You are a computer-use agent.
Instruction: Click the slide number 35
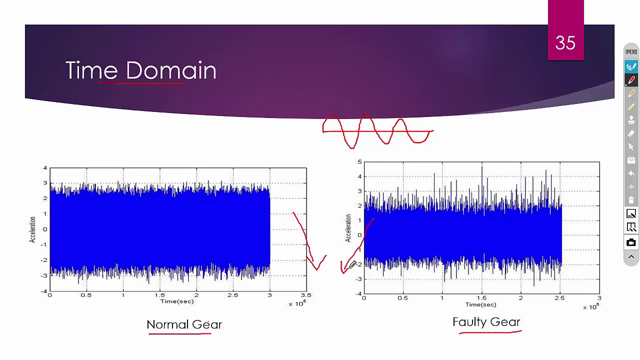pyautogui.click(x=565, y=43)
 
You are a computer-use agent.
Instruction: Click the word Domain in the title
pyautogui.click(x=171, y=70)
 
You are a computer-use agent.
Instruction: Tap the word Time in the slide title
pyautogui.click(x=91, y=70)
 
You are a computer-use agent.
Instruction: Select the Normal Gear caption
pyautogui.click(x=184, y=324)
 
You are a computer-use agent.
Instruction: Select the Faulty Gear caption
pyautogui.click(x=486, y=322)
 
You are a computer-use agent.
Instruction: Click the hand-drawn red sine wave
pyautogui.click(x=377, y=131)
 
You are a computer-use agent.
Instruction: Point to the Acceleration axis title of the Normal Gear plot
pyautogui.click(x=33, y=229)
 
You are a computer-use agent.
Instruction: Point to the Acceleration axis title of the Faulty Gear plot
pyautogui.click(x=348, y=227)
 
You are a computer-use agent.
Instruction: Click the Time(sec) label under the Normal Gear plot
pyautogui.click(x=176, y=301)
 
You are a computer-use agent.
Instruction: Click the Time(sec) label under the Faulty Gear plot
pyautogui.click(x=480, y=304)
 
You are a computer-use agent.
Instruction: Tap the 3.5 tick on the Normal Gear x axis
pyautogui.click(x=305, y=295)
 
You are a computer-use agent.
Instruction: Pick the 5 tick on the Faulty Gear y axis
pyautogui.click(x=359, y=162)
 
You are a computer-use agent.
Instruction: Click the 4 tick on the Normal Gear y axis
pyautogui.click(x=45, y=168)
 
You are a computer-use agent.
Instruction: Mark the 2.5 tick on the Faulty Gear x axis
pyautogui.click(x=559, y=298)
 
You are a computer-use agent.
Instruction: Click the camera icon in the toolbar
pyautogui.click(x=631, y=243)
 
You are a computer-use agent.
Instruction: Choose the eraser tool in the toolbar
pyautogui.click(x=631, y=133)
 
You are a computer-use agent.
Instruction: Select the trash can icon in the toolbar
pyautogui.click(x=631, y=200)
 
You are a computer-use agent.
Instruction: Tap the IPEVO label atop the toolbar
pyautogui.click(x=631, y=52)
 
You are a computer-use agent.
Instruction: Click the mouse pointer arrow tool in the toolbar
pyautogui.click(x=631, y=147)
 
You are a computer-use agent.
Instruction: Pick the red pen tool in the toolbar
pyautogui.click(x=631, y=80)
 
